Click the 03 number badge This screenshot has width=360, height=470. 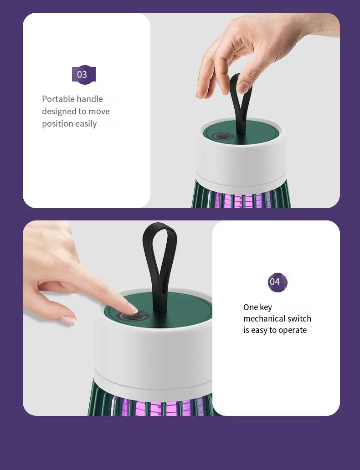84,74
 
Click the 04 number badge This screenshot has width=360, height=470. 278,282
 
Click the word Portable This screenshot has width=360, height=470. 58,99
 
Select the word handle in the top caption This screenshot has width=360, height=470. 90,99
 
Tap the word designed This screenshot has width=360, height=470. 59,112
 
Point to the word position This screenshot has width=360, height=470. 56,124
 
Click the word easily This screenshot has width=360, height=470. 84,124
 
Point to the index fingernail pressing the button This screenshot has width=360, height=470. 133,308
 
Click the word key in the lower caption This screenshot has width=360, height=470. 266,308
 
